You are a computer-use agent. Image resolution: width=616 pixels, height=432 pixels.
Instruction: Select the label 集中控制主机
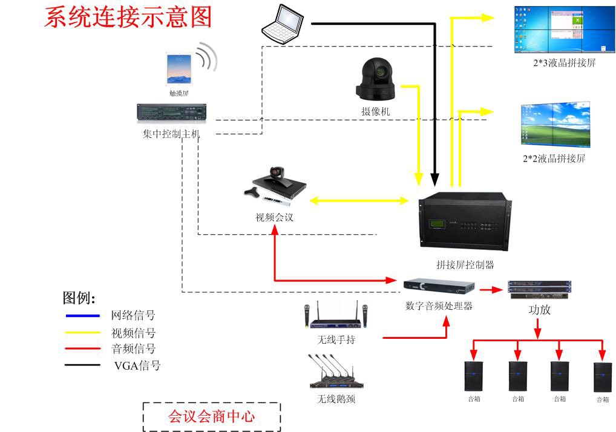click(171, 134)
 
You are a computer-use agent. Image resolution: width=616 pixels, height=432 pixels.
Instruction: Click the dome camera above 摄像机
click(376, 79)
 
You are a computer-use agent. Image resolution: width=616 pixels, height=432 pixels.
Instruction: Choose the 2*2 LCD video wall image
click(555, 125)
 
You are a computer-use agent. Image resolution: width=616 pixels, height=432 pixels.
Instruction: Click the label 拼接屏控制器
click(465, 264)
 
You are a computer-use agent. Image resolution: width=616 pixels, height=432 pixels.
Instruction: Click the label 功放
click(540, 310)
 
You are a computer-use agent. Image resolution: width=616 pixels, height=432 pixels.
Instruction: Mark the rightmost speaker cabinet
click(603, 377)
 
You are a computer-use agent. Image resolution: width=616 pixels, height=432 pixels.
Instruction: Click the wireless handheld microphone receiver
click(336, 318)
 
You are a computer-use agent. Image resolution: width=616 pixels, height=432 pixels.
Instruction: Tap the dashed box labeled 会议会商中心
click(212, 417)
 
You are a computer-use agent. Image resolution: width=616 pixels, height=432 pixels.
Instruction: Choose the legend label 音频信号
click(133, 349)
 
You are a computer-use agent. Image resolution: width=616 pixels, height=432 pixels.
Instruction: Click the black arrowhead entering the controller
click(434, 180)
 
